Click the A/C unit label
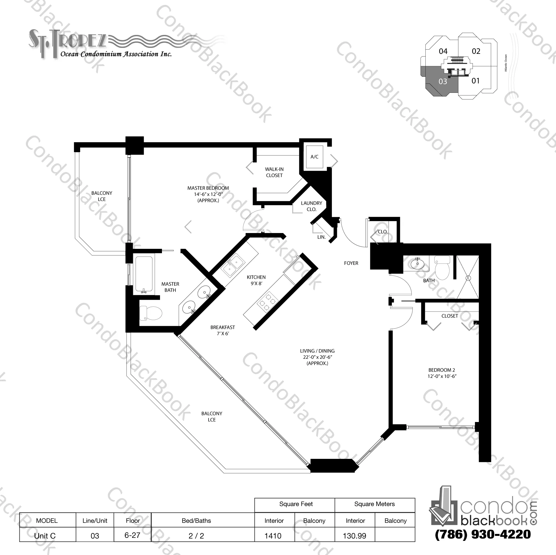coord(314,157)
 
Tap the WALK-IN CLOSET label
coord(274,172)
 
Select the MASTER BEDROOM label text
coord(208,188)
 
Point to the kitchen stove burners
coord(268,301)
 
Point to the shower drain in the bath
coord(468,278)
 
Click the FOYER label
coord(351,263)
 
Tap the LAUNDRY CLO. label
coord(311,206)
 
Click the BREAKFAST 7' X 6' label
coord(223,330)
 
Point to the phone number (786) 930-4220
coord(483,534)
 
